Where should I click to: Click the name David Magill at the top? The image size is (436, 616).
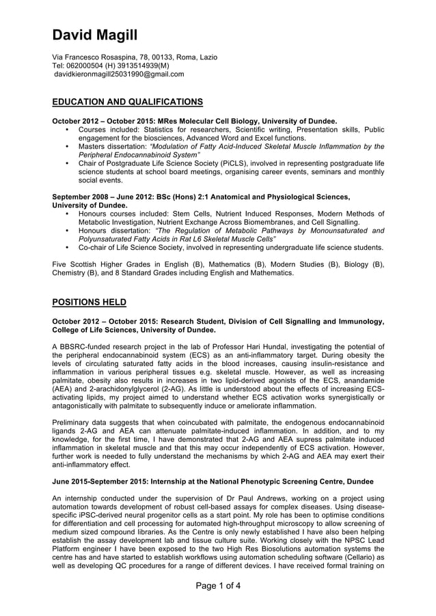coord(95,35)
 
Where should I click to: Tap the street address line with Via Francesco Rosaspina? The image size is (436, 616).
coord(135,57)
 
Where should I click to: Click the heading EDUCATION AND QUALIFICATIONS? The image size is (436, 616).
coord(128,102)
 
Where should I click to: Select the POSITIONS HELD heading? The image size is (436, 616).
coord(89,302)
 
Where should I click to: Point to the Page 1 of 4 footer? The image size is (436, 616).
coord(218,586)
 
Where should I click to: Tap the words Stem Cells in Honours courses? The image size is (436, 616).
coord(188,214)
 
